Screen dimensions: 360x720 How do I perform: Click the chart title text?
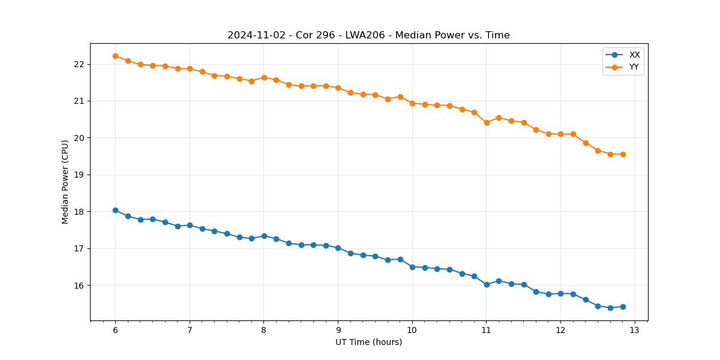(x=368, y=35)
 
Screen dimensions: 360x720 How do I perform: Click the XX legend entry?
(x=634, y=55)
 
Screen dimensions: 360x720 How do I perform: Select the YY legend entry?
(x=634, y=67)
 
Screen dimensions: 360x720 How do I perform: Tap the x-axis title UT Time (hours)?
(x=368, y=342)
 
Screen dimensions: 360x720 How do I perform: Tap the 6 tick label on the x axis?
(x=115, y=331)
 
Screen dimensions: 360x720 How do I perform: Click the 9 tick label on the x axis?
(x=338, y=331)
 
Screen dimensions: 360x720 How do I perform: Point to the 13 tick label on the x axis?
(x=635, y=331)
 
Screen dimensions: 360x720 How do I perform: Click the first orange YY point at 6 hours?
(x=115, y=56)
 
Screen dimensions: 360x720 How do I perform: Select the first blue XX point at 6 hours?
(x=115, y=210)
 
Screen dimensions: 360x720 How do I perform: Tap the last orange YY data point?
(x=623, y=154)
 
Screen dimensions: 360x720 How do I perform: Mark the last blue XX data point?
(x=623, y=307)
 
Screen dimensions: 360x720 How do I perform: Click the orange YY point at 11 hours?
(x=487, y=122)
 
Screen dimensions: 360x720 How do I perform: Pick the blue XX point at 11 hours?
(x=487, y=284)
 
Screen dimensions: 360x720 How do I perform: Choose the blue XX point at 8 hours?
(x=264, y=236)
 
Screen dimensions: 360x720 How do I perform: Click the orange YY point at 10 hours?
(x=412, y=103)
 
